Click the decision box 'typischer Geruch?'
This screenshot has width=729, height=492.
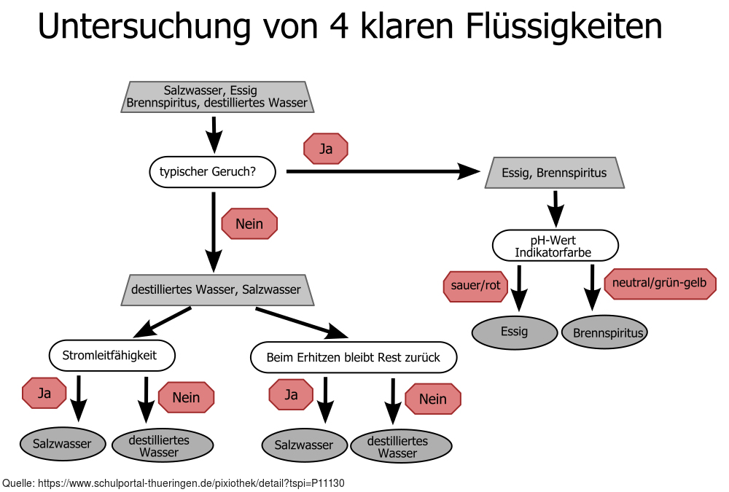(x=212, y=172)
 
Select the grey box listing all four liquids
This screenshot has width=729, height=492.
(x=217, y=97)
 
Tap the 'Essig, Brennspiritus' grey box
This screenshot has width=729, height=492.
(x=555, y=173)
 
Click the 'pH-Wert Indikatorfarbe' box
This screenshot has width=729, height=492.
(x=555, y=246)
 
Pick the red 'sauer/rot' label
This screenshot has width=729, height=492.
(x=476, y=285)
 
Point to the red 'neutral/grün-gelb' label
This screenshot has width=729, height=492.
(x=660, y=284)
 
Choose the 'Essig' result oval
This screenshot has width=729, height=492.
(x=514, y=332)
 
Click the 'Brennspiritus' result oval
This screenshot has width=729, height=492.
(x=605, y=333)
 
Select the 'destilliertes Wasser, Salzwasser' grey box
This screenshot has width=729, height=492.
(x=216, y=289)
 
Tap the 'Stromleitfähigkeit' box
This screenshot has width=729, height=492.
(x=112, y=356)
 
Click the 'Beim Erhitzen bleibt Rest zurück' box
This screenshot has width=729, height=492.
(x=354, y=357)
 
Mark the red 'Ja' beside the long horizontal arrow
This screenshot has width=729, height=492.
(x=326, y=149)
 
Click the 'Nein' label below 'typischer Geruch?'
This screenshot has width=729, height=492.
(x=249, y=224)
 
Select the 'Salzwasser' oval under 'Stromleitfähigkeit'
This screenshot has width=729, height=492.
(x=63, y=444)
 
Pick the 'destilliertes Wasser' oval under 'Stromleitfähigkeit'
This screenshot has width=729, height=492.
(x=162, y=445)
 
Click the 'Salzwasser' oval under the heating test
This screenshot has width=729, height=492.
(x=304, y=445)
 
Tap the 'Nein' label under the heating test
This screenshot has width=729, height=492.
(x=433, y=399)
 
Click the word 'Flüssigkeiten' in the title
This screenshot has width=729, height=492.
(x=562, y=27)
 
